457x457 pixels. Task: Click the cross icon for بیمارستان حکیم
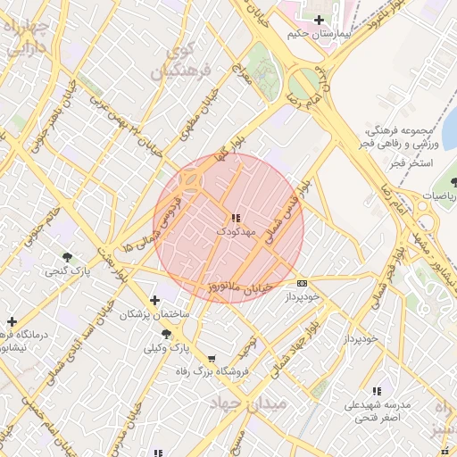(319, 20)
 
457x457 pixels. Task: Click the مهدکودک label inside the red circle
(236, 232)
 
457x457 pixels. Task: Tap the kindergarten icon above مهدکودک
(235, 218)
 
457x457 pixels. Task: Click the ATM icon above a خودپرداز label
(301, 282)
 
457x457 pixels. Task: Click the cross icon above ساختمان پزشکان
(156, 300)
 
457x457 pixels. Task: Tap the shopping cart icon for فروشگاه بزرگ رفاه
(211, 358)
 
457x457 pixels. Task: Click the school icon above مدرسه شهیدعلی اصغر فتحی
(377, 391)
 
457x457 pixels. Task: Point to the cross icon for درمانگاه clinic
(12, 321)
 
